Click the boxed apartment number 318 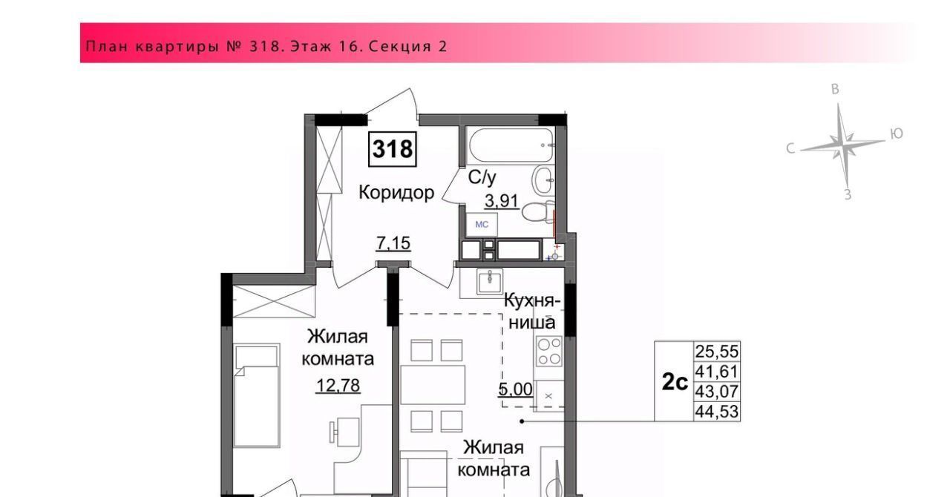[x=393, y=149]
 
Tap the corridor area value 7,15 [x=393, y=243]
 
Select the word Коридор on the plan [x=396, y=193]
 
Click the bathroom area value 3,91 [x=502, y=200]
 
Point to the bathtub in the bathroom [x=510, y=145]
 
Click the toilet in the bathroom [x=538, y=211]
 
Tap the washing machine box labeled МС [x=482, y=224]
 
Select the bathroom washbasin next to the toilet [x=543, y=181]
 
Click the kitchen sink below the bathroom [x=490, y=282]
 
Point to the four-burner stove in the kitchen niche [x=549, y=351]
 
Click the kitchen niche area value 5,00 [x=515, y=389]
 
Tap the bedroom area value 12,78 [x=338, y=386]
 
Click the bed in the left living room [x=257, y=395]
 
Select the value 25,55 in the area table [x=717, y=351]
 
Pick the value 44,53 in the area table [x=717, y=412]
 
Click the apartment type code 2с [x=675, y=382]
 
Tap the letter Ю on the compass [x=896, y=134]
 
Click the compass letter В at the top [x=835, y=89]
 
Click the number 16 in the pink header [x=348, y=46]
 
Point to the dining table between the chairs [x=433, y=384]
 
